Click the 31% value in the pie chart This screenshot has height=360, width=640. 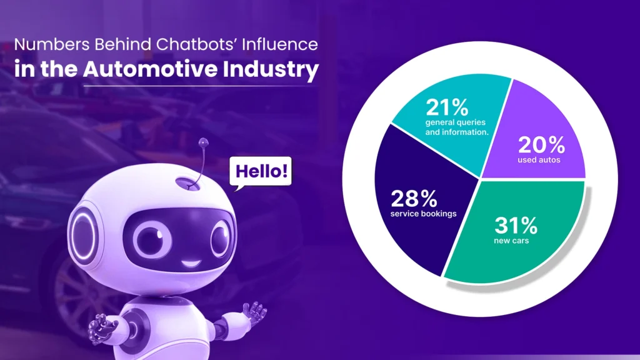pyautogui.click(x=516, y=224)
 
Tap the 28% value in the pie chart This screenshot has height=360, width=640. pyautogui.click(x=414, y=199)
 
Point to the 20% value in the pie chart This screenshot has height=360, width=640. pyautogui.click(x=541, y=146)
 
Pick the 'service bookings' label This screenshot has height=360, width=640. pyautogui.click(x=424, y=214)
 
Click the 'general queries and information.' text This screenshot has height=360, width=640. pyautogui.click(x=456, y=127)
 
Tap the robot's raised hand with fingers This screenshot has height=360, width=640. pyautogui.click(x=102, y=327)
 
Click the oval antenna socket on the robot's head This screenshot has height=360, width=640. pyautogui.click(x=187, y=184)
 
